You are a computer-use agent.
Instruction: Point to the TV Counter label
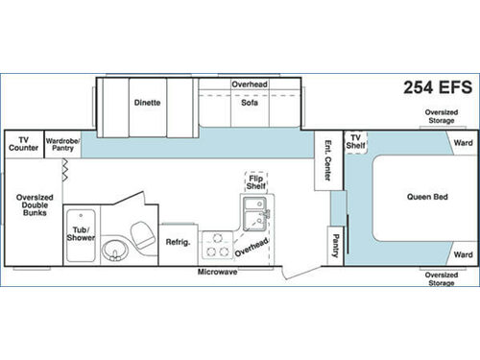pos(23,143)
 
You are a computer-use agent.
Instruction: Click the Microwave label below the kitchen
pos(218,273)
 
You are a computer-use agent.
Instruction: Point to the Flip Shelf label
pos(256,181)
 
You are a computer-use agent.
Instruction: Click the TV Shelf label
pos(357,141)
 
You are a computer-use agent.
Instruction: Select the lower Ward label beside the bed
pos(462,254)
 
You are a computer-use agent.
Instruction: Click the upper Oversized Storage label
pos(441,116)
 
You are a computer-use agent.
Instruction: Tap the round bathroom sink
pos(117,252)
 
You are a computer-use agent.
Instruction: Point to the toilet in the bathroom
pos(142,234)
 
